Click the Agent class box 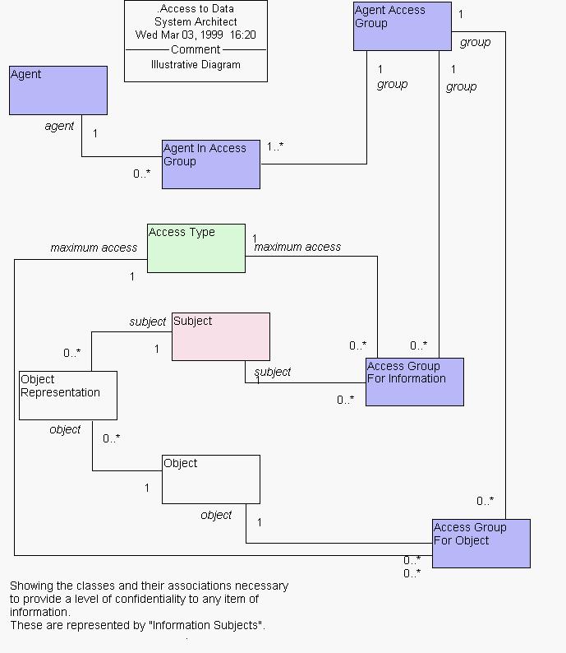click(x=58, y=90)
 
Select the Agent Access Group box click(x=402, y=26)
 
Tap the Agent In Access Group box click(x=210, y=164)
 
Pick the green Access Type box click(x=196, y=248)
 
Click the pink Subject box click(x=220, y=336)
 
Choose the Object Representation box click(x=67, y=395)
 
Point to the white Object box click(x=210, y=479)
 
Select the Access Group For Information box click(x=414, y=382)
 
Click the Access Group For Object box click(x=481, y=543)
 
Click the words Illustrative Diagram click(x=196, y=64)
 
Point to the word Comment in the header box click(x=196, y=49)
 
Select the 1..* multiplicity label click(x=275, y=146)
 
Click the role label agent click(x=59, y=126)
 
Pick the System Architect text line click(x=196, y=22)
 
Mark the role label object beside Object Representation click(x=65, y=429)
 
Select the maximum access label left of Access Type click(x=94, y=248)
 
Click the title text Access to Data click(x=196, y=9)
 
